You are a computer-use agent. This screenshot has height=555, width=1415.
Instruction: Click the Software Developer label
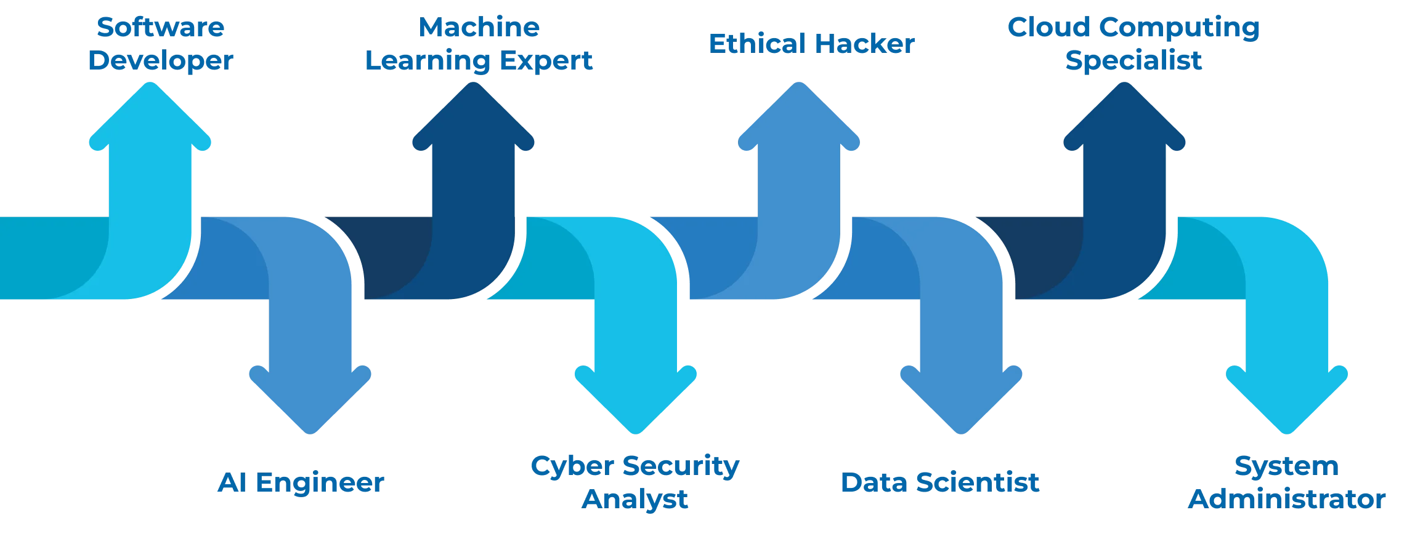161,44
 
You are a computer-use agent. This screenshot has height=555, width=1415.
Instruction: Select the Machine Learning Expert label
479,44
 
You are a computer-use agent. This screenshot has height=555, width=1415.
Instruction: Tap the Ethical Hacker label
811,44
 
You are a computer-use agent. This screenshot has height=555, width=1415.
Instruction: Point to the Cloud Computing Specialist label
1133,44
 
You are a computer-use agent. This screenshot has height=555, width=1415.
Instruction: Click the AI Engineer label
301,482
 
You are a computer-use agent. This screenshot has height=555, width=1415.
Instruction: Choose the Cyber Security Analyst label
635,482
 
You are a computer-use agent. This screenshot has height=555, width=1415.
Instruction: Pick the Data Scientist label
940,482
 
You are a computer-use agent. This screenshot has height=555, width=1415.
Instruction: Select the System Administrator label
1287,482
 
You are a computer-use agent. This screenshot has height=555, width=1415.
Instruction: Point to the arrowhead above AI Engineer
310,400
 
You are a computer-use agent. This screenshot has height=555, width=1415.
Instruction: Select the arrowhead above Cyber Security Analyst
636,400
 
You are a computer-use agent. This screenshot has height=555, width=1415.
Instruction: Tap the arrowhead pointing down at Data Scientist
961,400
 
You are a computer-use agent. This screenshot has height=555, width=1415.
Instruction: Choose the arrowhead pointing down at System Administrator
1287,400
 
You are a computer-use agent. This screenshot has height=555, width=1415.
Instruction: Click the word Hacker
865,44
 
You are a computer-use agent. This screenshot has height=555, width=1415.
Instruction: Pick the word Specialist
1133,60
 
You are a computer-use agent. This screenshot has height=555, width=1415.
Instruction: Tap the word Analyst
635,499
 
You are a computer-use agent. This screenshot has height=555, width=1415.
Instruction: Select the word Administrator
1287,499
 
